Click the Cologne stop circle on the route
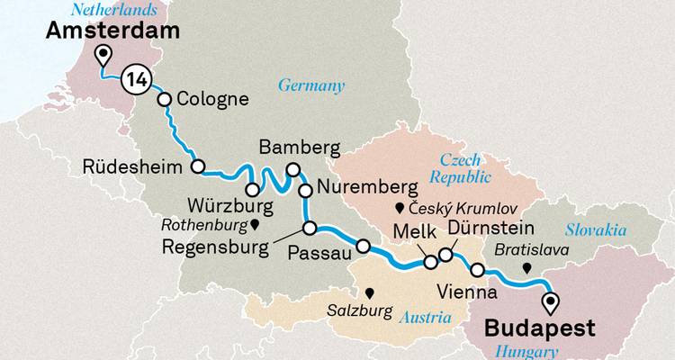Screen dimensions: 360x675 click(165, 100)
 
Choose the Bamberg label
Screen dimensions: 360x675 click(298, 147)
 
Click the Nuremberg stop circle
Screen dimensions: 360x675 click(306, 190)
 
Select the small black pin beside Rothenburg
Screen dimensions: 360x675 click(255, 225)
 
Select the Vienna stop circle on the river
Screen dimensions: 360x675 click(478, 270)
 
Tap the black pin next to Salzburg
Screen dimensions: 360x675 click(369, 292)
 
